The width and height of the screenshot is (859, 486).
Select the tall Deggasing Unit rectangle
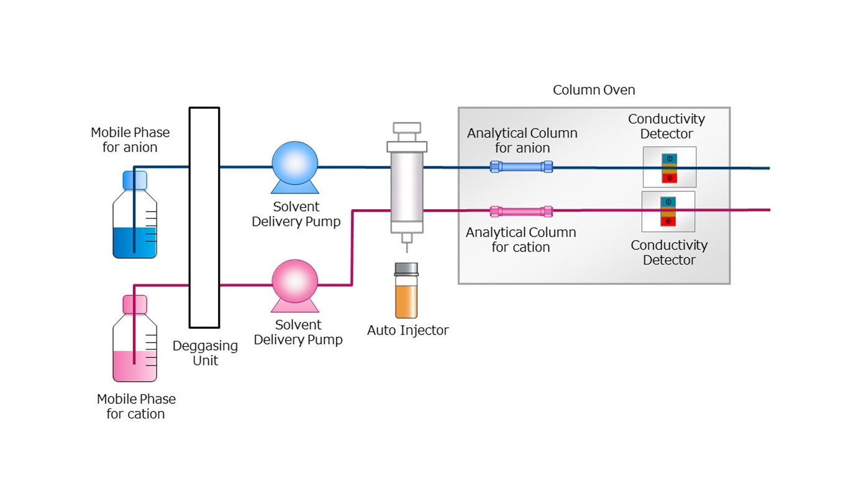point(204,217)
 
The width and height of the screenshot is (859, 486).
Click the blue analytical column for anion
point(521,166)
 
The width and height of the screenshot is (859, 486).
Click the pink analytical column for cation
point(521,212)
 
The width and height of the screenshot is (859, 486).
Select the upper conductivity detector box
point(669,167)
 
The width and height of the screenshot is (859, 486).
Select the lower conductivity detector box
point(668,212)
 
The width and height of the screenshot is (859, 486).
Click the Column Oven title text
point(594,90)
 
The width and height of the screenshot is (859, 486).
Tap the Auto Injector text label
point(407,330)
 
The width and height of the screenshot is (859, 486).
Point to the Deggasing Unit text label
point(205,353)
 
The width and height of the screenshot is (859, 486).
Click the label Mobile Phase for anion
point(130,140)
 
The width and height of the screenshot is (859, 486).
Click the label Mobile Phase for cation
point(136,406)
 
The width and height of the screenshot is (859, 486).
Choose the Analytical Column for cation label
point(520,240)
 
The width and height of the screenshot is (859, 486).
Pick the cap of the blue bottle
point(135,180)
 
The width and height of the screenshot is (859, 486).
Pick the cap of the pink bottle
point(135,304)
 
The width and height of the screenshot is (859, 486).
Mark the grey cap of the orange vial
point(407,269)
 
